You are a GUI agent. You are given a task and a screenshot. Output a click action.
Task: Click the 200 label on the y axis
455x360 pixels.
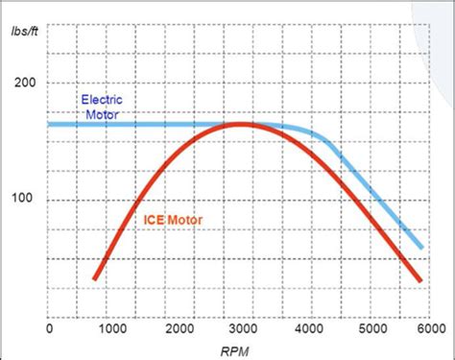point(26,84)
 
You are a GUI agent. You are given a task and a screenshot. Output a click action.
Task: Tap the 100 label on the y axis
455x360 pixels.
point(26,201)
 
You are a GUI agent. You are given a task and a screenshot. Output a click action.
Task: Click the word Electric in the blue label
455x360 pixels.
point(102,99)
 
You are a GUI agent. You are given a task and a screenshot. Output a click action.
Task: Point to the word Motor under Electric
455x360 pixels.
point(102,112)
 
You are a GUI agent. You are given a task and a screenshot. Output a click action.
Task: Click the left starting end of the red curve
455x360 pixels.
point(95,278)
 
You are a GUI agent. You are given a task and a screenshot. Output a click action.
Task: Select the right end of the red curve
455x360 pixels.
point(420,280)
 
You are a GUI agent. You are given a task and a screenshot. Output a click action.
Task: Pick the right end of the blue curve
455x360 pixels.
point(420,247)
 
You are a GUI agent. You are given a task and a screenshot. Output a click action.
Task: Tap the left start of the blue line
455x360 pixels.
point(50,124)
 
